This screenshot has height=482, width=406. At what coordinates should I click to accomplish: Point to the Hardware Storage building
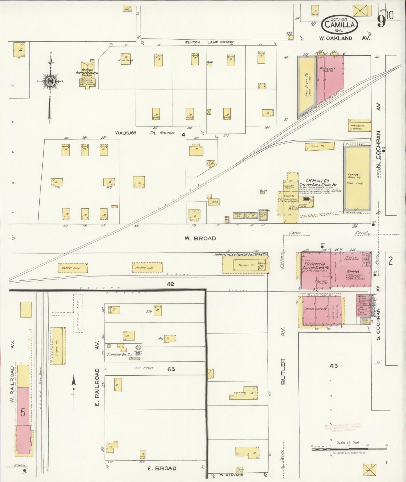pyautogui.click(x=359, y=125)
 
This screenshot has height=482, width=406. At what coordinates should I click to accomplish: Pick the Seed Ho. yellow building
pyautogui.click(x=320, y=146)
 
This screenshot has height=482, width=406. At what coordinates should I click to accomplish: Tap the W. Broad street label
pyautogui.click(x=200, y=238)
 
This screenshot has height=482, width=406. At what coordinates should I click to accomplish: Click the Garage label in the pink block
pyautogui.click(x=353, y=271)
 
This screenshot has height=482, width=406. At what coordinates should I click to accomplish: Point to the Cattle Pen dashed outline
pyautogui.click(x=78, y=313)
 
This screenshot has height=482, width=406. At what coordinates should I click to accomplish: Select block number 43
pyautogui.click(x=334, y=366)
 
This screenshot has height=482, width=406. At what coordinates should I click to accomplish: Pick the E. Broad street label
pyautogui.click(x=162, y=468)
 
